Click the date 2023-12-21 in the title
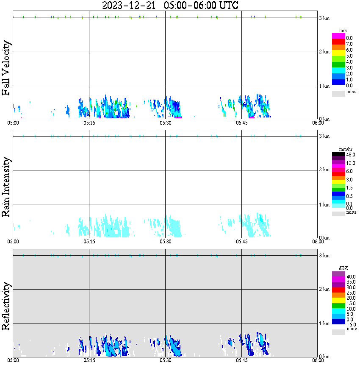point(130,6)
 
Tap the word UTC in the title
point(227,6)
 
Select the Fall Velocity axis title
point(6,68)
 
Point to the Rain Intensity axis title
point(6,187)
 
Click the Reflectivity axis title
point(6,307)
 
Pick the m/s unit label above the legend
point(343,30)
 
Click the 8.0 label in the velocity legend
point(349,38)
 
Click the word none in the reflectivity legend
point(352,329)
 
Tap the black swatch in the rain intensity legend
point(338,155)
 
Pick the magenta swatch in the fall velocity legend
point(338,36)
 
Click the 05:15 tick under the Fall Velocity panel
point(89,123)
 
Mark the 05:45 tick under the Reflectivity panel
point(242,360)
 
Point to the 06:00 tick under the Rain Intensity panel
point(318,242)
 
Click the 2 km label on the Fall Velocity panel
point(324,52)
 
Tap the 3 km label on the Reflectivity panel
point(324,256)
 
